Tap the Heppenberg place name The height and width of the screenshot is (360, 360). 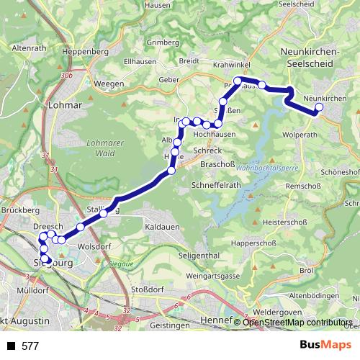[x=86, y=52]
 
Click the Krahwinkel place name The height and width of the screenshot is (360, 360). [x=231, y=64]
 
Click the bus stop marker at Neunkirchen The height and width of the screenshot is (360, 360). [x=319, y=109]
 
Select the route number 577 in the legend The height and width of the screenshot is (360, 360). [x=30, y=346]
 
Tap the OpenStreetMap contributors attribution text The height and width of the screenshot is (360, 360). [x=298, y=322]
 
